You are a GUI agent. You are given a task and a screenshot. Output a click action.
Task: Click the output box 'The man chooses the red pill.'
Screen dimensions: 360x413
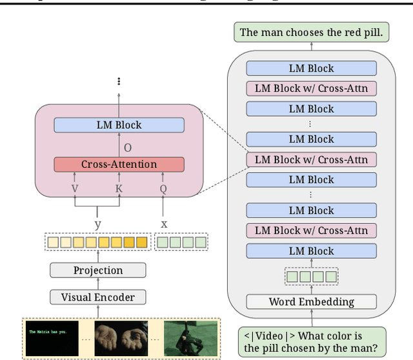(311, 32)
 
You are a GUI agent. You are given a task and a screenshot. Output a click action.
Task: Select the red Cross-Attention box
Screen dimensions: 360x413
(119, 164)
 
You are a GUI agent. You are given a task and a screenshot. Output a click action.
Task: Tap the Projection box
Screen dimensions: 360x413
(97, 270)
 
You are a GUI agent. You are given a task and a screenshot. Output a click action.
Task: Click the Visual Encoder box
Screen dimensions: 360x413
(97, 297)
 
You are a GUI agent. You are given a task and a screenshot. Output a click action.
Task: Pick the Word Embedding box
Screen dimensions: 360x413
(312, 301)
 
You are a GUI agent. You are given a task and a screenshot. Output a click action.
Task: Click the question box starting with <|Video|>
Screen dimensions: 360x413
(312, 341)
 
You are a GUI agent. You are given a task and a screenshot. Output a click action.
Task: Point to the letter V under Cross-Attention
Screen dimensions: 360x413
(76, 188)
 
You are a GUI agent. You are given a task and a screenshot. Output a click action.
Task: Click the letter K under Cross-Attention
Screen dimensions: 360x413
(119, 188)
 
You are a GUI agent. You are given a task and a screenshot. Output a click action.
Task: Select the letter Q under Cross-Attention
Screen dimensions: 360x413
(163, 188)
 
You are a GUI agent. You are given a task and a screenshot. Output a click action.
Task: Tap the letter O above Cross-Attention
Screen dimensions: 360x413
(127, 148)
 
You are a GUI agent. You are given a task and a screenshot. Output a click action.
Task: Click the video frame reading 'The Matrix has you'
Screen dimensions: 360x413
(52, 337)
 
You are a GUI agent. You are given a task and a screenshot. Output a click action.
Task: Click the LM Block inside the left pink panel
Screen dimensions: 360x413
(119, 125)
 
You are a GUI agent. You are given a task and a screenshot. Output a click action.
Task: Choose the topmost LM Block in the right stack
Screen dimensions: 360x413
(312, 68)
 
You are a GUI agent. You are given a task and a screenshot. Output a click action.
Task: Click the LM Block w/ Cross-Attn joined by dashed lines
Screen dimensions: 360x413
(312, 159)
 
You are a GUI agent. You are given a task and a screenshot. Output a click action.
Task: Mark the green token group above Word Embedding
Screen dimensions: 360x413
(312, 277)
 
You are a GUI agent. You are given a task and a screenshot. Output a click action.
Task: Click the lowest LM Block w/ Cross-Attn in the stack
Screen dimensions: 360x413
(312, 230)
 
